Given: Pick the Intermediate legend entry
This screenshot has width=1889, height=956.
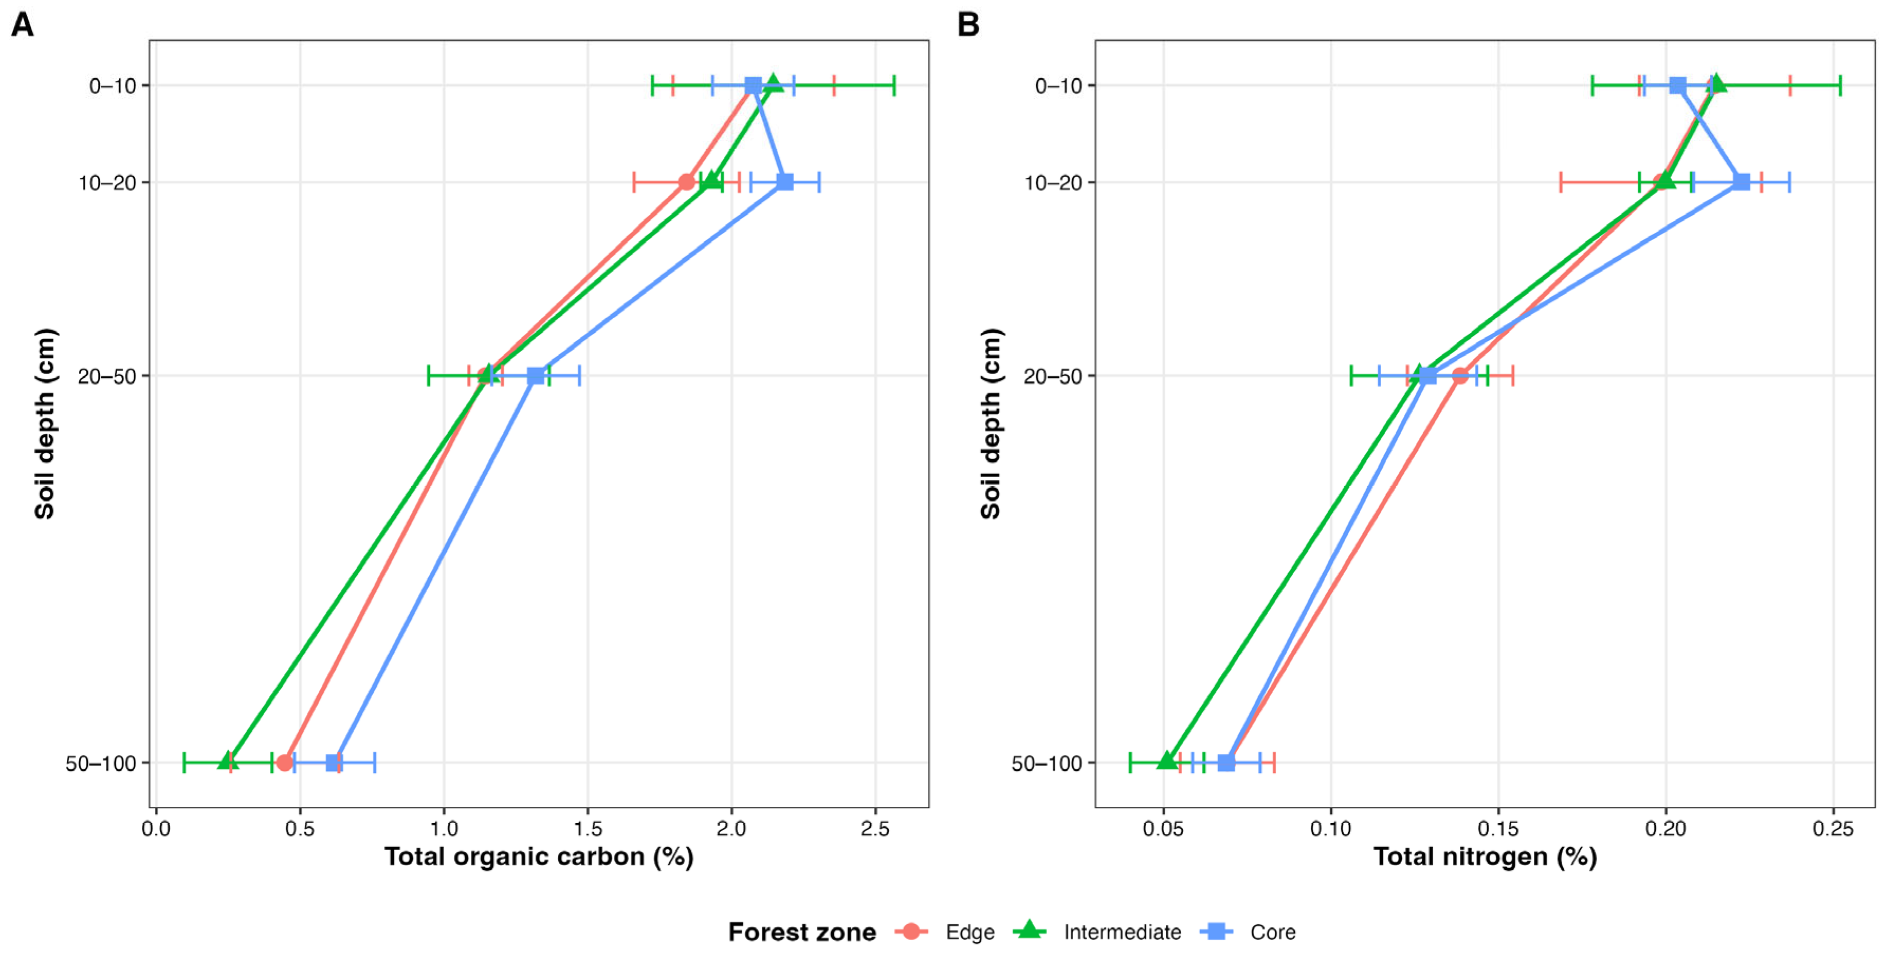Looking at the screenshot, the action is [x=1097, y=932].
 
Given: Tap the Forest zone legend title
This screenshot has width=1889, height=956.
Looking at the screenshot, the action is [x=802, y=932].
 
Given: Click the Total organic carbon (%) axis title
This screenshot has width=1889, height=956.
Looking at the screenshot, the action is [x=539, y=856].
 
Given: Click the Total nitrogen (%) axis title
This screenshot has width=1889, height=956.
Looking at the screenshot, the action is [x=1485, y=856].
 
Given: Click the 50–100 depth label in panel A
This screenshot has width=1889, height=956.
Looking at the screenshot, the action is [x=101, y=763].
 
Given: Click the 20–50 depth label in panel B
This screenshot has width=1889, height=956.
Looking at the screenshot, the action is [x=1053, y=376].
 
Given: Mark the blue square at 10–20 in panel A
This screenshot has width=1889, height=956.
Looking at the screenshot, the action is [x=785, y=182].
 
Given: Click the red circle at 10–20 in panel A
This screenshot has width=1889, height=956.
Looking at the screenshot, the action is [x=686, y=182].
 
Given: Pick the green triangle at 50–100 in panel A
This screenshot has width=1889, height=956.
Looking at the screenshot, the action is [x=228, y=761].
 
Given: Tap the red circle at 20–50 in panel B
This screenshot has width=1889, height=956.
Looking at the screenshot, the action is [x=1460, y=376].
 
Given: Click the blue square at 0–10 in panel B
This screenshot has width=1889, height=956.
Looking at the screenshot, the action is [x=1678, y=85].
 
